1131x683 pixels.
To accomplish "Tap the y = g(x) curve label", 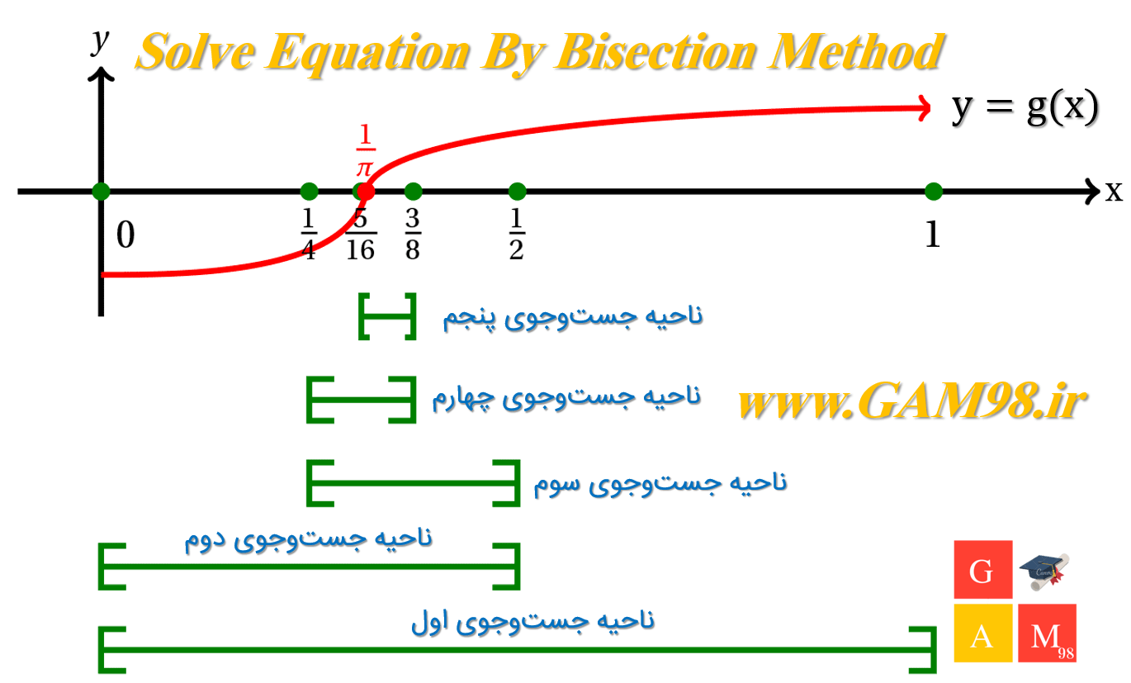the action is point(1025,107).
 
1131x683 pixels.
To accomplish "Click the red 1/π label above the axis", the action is point(366,150).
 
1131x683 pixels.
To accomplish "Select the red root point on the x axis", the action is point(366,192).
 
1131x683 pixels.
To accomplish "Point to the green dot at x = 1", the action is point(934,192).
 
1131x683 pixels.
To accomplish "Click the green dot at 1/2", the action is point(517,192).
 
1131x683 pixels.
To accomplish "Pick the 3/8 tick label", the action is point(413,234).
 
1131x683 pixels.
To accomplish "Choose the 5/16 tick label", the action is point(361,235).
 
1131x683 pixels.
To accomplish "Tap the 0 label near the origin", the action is point(125,235).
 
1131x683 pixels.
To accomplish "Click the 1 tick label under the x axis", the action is point(933,235).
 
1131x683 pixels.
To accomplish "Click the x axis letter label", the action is point(1114,192).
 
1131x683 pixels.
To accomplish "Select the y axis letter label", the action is point(100,40).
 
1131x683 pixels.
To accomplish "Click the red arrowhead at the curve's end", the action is point(924,108).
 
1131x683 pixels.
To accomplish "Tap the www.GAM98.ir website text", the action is point(912,400).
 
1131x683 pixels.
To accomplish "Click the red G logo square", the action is point(983,569).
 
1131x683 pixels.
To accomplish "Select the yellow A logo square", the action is point(983,633).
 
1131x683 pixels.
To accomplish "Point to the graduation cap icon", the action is point(1044,572).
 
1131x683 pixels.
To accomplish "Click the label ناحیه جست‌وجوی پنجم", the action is point(573,317).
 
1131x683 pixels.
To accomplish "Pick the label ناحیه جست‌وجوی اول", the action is point(532,621).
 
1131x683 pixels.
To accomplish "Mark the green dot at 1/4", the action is point(309,192).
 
